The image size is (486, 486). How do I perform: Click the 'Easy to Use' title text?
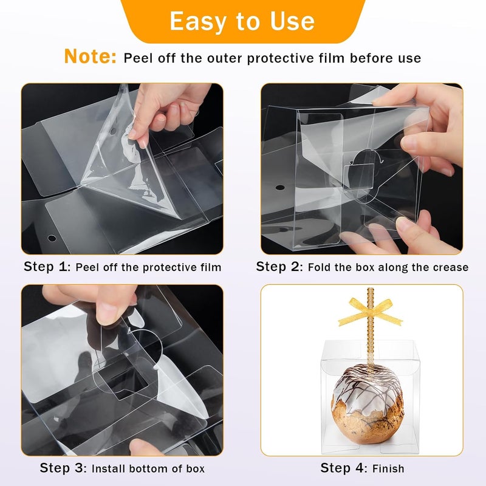pos(242,21)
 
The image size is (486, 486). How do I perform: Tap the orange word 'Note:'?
pos(90,56)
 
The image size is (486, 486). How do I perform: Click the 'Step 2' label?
pos(279,267)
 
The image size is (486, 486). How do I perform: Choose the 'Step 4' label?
pos(343,468)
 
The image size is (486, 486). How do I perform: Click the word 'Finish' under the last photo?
pos(388,468)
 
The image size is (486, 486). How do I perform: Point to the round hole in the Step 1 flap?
pos(52,238)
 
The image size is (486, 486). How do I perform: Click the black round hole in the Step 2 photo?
pos(280,188)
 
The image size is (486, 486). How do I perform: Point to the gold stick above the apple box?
pos(370,329)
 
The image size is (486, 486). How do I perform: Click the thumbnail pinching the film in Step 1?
pos(134,134)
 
